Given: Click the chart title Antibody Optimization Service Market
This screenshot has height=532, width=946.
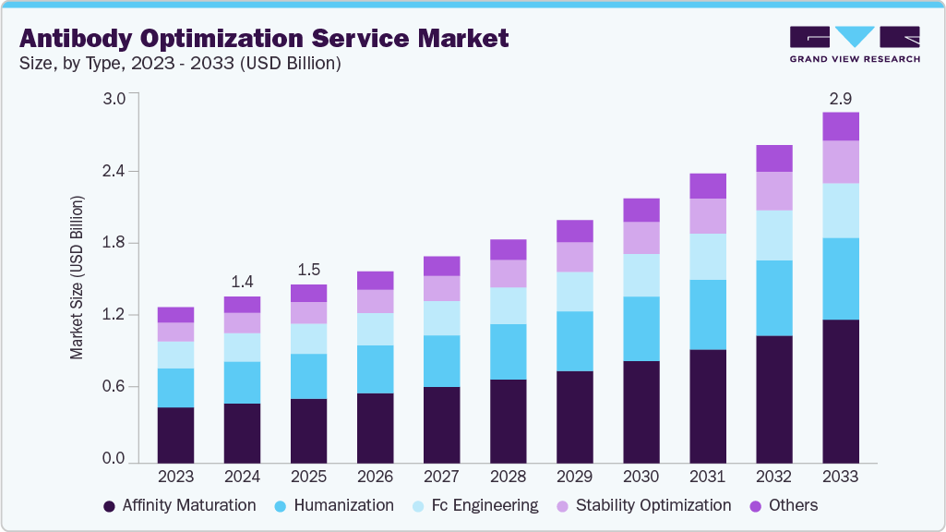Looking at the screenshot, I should coord(264,39).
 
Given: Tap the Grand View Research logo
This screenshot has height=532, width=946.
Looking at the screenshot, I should coord(855,44).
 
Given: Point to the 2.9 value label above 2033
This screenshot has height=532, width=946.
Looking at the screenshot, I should coord(840,97).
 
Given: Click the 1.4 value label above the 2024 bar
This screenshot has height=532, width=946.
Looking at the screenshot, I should coord(242,282).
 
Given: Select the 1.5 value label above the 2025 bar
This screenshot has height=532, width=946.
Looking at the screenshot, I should coord(308,270).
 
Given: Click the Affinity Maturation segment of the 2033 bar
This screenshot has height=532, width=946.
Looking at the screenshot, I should coord(841,391).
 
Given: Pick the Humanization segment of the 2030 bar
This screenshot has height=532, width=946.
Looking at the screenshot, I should coord(641,329).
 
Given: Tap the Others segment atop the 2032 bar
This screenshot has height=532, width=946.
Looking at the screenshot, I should coord(774,158).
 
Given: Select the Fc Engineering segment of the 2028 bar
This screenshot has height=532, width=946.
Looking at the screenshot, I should coord(508,306).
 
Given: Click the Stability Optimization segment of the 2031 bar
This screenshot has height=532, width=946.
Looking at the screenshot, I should coord(708,216).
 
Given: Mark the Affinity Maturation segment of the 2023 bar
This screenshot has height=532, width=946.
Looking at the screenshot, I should coord(175,434).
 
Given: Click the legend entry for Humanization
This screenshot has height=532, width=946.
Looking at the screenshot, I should coord(335,505).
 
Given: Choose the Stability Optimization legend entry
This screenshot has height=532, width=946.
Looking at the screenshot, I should coord(642,505).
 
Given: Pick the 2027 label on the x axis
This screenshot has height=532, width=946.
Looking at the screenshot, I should coord(441,477).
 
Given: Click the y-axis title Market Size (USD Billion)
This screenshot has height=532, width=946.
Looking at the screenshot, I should coord(78,277).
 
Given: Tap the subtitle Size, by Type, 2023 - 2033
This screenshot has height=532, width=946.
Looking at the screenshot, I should coord(180,64).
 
